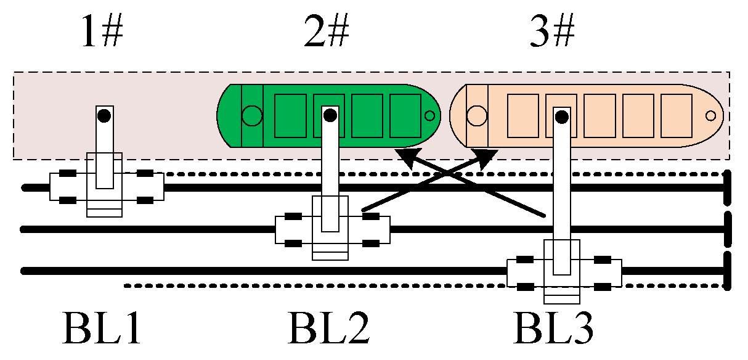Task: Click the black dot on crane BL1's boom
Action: point(105,115)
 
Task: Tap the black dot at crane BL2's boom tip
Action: point(330,115)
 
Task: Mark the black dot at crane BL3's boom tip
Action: point(561,115)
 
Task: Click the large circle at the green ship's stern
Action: point(251,115)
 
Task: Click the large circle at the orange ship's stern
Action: point(476,115)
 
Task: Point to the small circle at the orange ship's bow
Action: point(710,115)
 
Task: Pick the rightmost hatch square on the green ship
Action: point(405,115)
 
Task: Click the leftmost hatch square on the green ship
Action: point(290,115)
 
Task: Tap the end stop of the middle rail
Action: point(728,229)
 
